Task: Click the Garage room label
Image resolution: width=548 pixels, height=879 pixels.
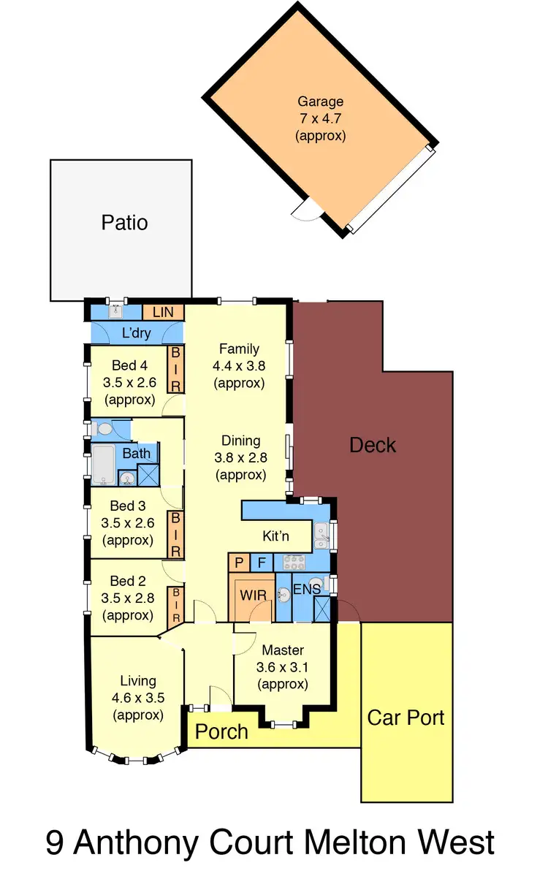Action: coord(320,102)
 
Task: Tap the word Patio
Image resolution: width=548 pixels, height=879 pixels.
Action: coord(124,222)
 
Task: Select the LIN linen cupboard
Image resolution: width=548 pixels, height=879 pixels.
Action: coord(163,312)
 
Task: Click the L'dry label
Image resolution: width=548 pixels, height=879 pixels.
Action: coord(137,334)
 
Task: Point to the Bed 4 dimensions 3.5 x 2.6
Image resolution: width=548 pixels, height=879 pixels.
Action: coord(129,382)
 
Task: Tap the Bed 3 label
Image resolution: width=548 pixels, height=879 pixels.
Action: coord(128,506)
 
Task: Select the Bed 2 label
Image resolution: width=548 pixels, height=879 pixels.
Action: coord(128,582)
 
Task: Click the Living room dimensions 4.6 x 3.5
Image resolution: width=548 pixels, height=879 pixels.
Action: coord(138,698)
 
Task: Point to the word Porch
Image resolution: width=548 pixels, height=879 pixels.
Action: coord(221,731)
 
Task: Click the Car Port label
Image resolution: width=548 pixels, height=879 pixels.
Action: coord(406,717)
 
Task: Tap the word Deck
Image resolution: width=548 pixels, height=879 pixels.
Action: coord(373,445)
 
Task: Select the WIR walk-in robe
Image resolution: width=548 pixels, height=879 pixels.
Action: coord(252,595)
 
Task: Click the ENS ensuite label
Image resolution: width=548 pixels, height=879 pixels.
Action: coord(306,589)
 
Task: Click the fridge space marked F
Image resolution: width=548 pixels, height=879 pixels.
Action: coord(262,563)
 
